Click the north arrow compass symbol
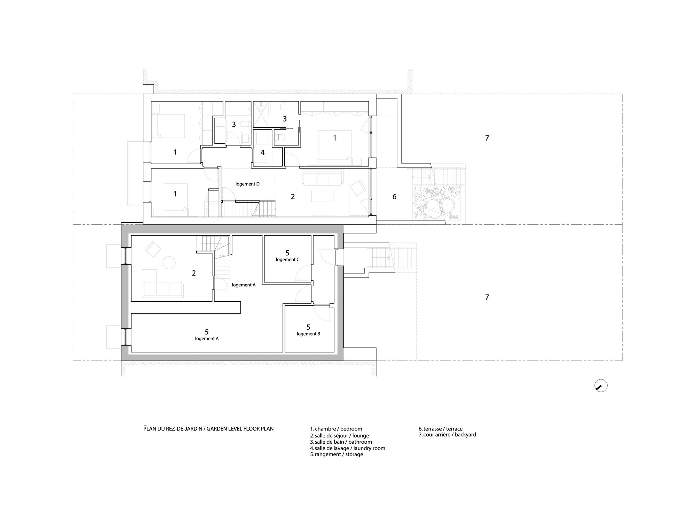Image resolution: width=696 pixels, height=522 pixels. coord(601,386)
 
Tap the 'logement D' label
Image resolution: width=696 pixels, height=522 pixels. coord(247,184)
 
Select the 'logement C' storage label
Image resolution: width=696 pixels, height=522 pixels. coord(287,260)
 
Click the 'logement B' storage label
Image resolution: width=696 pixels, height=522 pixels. coord(308,334)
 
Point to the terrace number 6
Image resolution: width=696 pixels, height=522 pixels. coord(394,197)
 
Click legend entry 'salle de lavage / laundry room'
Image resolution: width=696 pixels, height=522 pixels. coord(348,448)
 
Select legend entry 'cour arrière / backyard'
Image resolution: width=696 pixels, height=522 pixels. coord(447,435)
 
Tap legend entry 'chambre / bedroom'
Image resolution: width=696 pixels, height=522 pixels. coord(336,429)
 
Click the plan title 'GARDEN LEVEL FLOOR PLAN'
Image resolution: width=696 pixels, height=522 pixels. coord(240,429)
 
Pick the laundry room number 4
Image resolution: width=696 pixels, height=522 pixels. coord(262,152)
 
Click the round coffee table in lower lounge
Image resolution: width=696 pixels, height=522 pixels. coord(169,262)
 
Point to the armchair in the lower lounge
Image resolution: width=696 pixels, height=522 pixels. coord(153,250)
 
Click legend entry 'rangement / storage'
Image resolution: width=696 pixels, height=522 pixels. coord(337,454)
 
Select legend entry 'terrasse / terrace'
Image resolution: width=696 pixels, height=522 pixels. coord(441,429)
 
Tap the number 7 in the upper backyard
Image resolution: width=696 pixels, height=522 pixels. coord(487,138)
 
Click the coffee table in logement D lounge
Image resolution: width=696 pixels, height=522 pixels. coord(323,196)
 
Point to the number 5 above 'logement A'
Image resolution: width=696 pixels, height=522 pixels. coord(207,332)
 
